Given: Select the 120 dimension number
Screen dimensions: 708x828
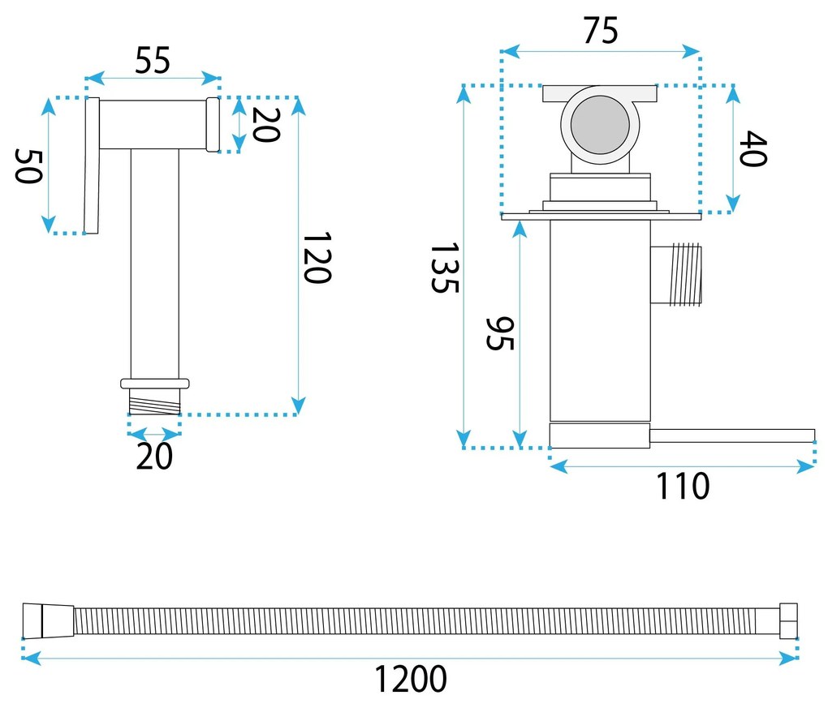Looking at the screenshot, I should click(317, 258).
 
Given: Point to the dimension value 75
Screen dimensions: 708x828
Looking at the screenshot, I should click(600, 31).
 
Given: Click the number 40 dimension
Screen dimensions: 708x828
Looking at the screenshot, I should click(753, 148).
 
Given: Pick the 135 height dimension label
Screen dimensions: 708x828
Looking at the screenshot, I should click(445, 268).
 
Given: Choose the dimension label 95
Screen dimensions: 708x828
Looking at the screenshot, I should click(499, 333).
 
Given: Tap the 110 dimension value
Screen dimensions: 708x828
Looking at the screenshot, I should click(683, 487).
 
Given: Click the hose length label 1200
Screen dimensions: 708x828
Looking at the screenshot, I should click(411, 678).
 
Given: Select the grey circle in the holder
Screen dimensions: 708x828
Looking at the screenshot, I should click(600, 125).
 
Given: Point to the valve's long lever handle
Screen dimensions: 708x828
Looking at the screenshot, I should click(731, 436).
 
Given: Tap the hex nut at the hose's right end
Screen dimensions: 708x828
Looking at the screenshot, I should click(788, 621).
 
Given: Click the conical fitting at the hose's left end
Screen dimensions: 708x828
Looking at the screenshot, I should click(49, 621).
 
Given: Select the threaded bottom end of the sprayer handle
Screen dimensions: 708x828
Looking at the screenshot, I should click(154, 401).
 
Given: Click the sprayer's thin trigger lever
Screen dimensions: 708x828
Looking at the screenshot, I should click(91, 165).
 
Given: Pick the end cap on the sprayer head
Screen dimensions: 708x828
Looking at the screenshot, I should click(213, 124).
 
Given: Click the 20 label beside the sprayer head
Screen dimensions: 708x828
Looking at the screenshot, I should click(265, 124).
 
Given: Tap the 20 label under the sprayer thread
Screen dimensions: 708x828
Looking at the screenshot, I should click(154, 457).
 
